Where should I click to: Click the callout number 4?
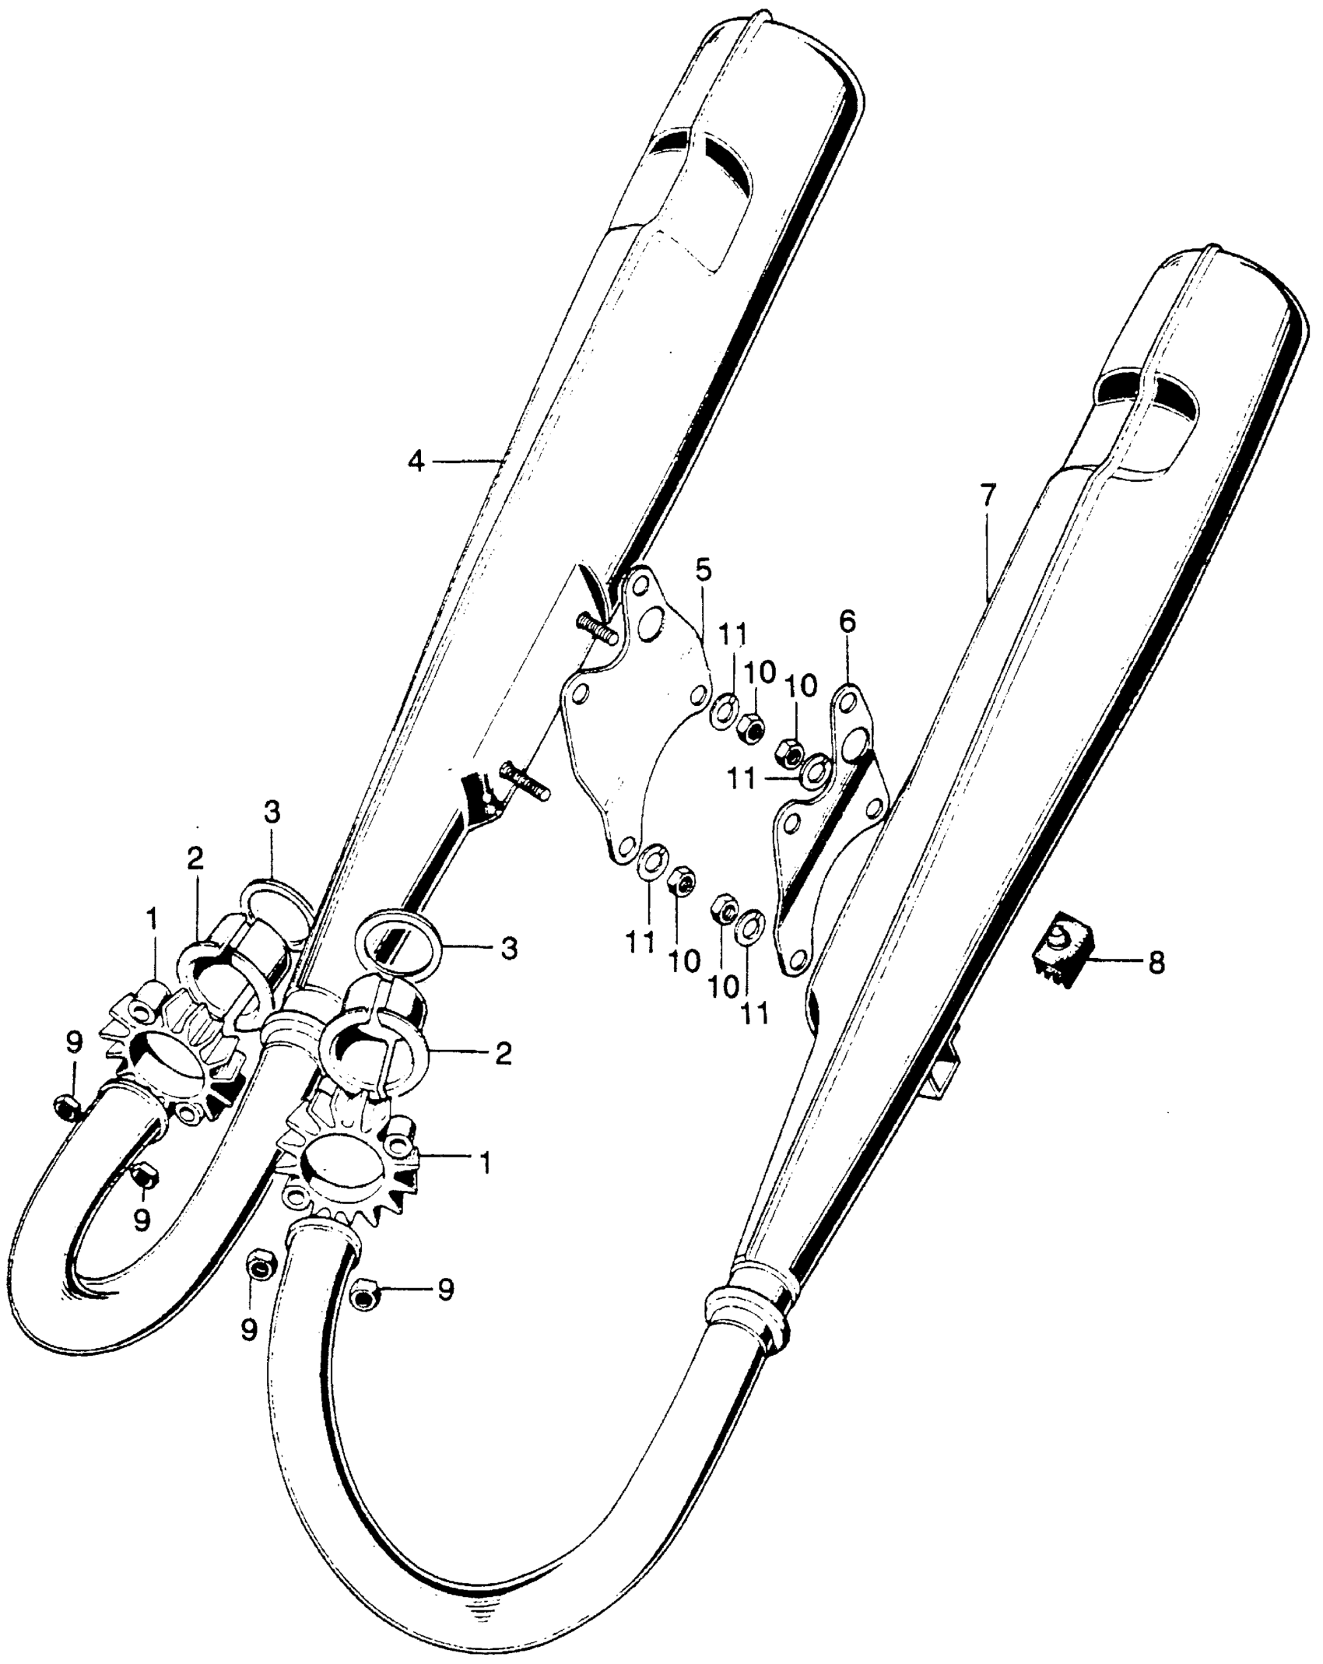[416, 462]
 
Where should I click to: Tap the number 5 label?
[703, 570]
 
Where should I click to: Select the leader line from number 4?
[465, 462]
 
